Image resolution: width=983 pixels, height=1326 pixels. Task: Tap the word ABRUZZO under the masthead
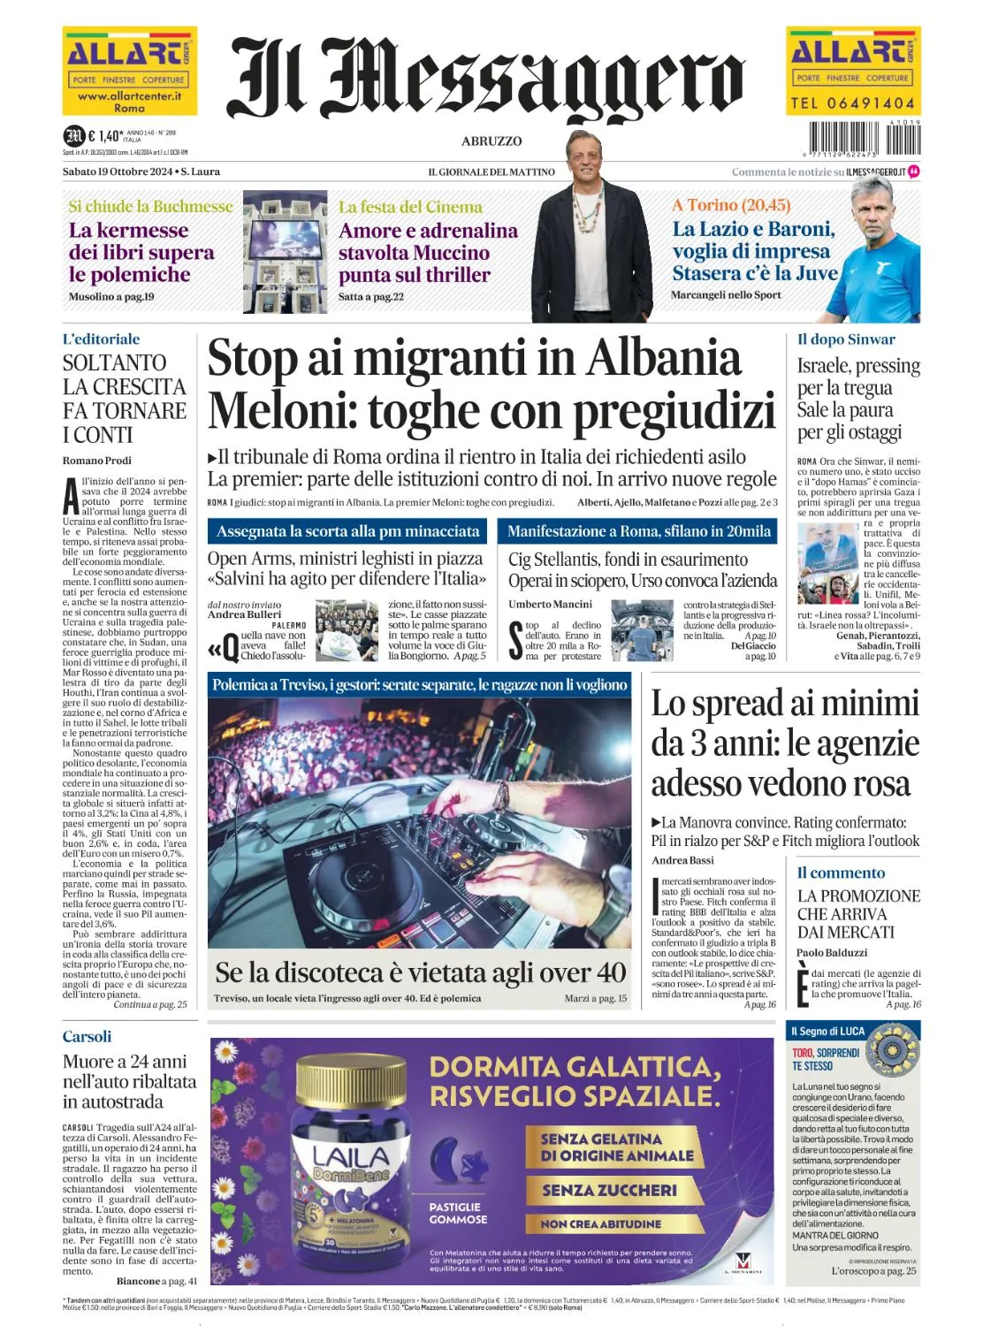click(492, 141)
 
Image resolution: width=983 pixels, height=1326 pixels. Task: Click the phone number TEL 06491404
click(852, 103)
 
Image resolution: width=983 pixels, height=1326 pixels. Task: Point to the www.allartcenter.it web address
click(129, 95)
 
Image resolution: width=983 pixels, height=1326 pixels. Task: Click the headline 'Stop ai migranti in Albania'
click(474, 359)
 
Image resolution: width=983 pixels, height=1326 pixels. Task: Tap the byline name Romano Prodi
click(96, 461)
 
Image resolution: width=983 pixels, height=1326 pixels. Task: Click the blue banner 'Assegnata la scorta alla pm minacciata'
click(348, 531)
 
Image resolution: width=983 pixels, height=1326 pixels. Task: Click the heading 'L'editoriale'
click(101, 339)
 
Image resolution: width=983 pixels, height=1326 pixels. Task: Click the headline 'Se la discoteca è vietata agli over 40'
click(420, 972)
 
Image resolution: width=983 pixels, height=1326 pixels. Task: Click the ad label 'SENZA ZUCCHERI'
click(609, 1191)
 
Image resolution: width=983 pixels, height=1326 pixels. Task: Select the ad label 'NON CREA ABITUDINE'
click(601, 1224)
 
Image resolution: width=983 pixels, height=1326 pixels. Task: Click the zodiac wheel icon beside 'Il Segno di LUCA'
click(895, 1049)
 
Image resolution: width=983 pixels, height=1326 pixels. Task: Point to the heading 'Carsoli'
click(87, 1036)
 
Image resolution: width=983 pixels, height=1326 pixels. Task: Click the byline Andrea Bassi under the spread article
click(682, 860)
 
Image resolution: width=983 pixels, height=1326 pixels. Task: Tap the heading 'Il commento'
click(828, 873)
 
